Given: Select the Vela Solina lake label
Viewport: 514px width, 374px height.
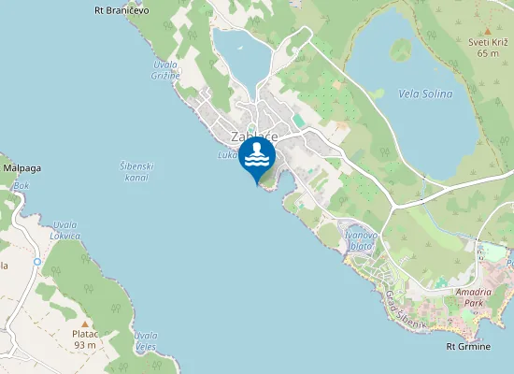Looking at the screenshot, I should [x=425, y=94].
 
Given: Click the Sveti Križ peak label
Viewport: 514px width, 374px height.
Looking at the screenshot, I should [x=487, y=48].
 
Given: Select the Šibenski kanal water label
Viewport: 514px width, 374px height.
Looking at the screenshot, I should [x=136, y=171].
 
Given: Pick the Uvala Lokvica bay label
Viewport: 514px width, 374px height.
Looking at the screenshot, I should [x=65, y=230].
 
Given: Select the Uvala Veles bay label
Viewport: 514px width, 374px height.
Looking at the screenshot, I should [x=145, y=341].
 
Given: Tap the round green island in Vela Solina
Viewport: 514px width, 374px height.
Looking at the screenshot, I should [x=401, y=49].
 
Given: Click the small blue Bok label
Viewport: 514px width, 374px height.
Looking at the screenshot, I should [x=21, y=186].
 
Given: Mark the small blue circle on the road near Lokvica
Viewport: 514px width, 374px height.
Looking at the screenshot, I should [x=37, y=262].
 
